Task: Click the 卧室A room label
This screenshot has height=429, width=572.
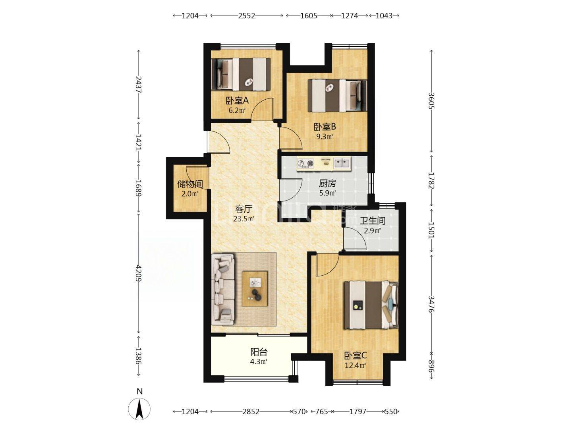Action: click(x=237, y=100)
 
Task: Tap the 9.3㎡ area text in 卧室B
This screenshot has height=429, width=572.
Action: click(x=325, y=137)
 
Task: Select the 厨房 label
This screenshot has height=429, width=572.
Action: click(x=327, y=184)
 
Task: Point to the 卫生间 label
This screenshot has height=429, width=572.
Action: click(x=373, y=221)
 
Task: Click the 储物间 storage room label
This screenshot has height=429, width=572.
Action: click(x=190, y=184)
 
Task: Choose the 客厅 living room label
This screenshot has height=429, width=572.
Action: click(x=243, y=209)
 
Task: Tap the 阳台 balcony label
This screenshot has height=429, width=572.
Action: click(x=259, y=352)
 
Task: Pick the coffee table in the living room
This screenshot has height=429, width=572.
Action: click(x=255, y=289)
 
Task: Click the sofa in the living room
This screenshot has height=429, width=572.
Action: click(x=223, y=289)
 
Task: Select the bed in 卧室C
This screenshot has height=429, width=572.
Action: click(x=371, y=305)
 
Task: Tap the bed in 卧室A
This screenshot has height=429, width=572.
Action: click(x=241, y=74)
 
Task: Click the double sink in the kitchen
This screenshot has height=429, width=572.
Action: click(x=342, y=163)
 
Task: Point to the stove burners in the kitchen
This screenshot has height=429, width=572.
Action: click(x=306, y=164)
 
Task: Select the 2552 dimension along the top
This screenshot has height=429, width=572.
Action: click(x=247, y=15)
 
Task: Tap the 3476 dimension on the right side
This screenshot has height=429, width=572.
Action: click(x=431, y=304)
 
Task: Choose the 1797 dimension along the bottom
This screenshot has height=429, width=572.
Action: click(x=357, y=412)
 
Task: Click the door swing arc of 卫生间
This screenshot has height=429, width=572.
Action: click(x=359, y=238)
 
